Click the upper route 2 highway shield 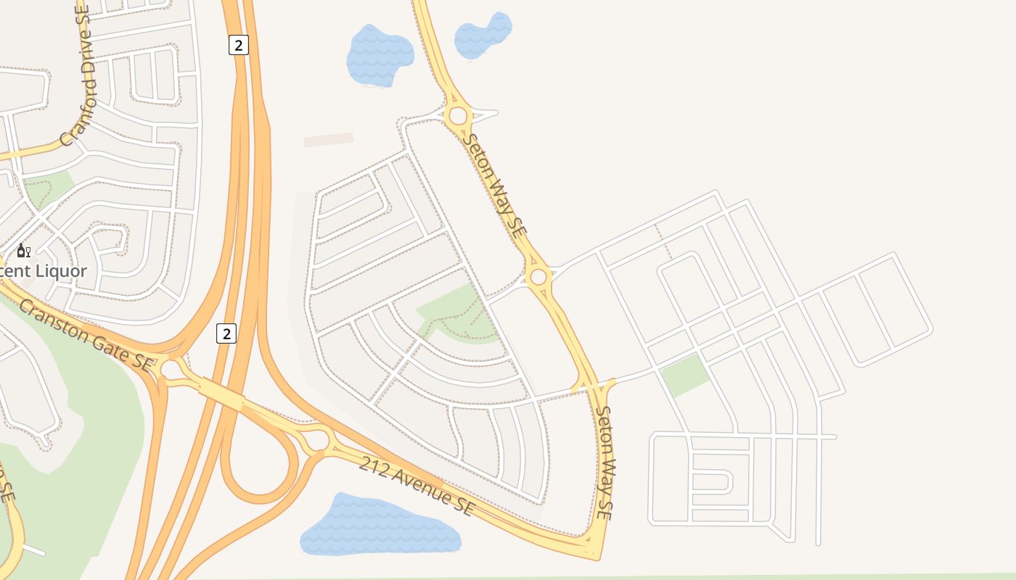(x=238, y=45)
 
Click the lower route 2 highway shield (x=226, y=333)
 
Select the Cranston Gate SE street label (x=86, y=336)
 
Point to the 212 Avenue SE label (x=417, y=486)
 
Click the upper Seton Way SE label (x=493, y=186)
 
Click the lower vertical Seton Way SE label (x=605, y=462)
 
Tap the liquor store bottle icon (x=23, y=251)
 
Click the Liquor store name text (x=44, y=271)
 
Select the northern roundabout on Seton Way (x=458, y=115)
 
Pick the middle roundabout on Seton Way (x=538, y=276)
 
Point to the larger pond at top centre (x=379, y=55)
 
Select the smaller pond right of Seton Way (x=483, y=36)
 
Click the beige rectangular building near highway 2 (x=328, y=139)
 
